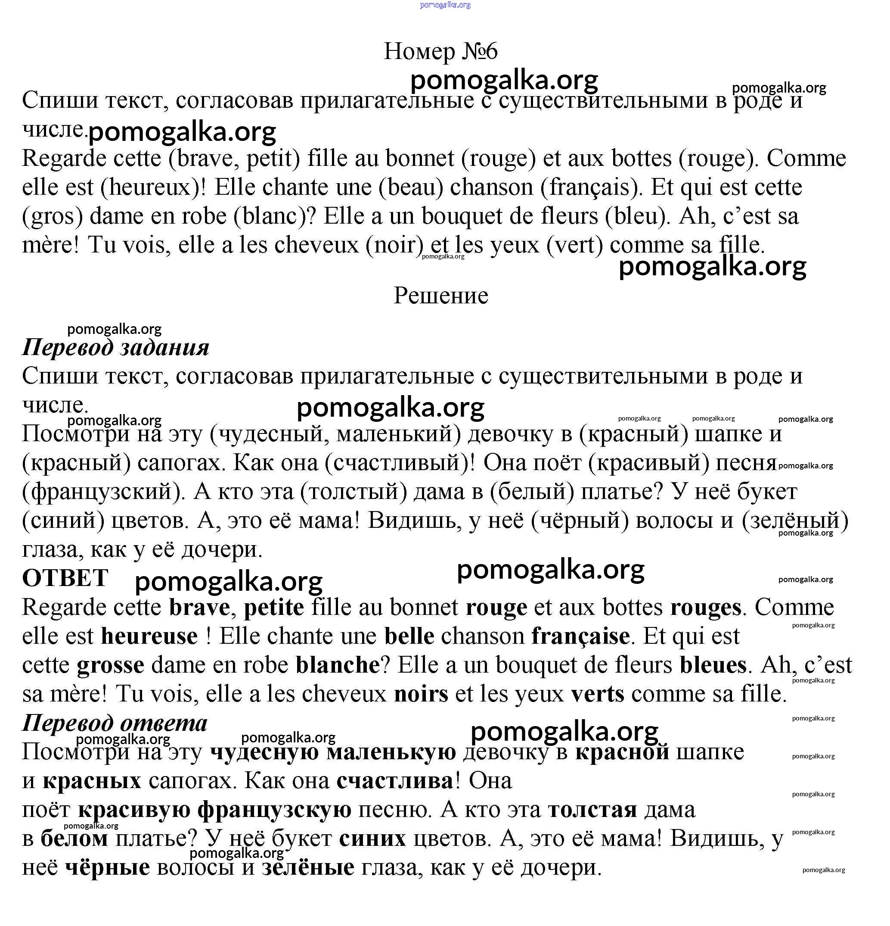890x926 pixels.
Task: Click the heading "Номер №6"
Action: (440, 51)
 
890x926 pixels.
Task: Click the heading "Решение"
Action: (440, 296)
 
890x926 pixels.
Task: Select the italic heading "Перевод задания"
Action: (116, 348)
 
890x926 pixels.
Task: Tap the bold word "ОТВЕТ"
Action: (65, 578)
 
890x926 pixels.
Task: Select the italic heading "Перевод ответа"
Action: (115, 723)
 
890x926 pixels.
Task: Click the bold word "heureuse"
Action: (149, 636)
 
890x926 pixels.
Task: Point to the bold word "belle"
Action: (409, 636)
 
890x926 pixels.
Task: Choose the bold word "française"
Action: (580, 636)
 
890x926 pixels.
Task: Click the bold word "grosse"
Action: (111, 665)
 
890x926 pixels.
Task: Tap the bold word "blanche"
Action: (338, 665)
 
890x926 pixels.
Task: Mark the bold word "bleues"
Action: (713, 665)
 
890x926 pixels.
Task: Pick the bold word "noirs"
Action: (421, 694)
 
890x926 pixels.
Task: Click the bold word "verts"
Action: (597, 694)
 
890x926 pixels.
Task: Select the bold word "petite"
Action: (274, 608)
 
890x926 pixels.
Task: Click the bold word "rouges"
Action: (705, 608)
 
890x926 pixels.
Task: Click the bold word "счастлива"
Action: (395, 781)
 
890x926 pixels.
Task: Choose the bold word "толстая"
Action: (592, 810)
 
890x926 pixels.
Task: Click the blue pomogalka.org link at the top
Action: (445, 5)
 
